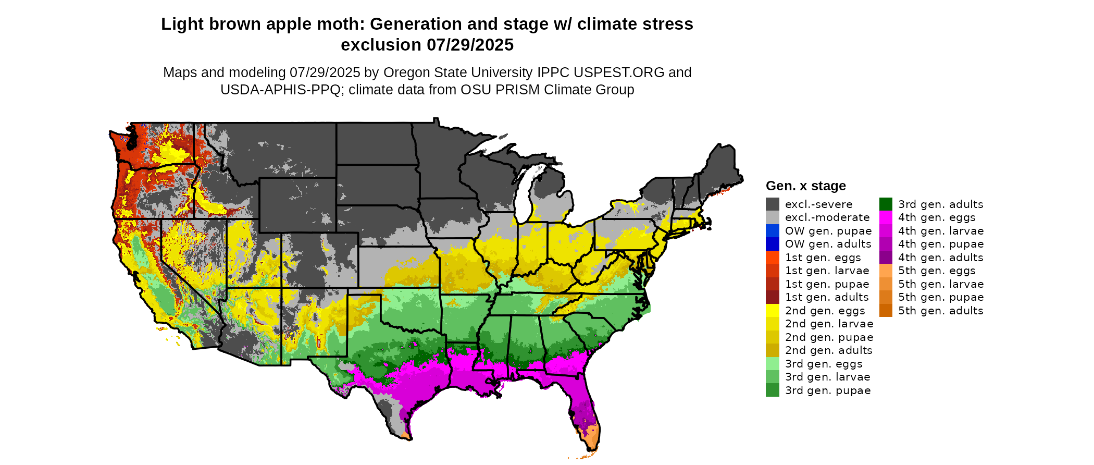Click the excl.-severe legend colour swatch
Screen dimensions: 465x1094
pyautogui.click(x=772, y=204)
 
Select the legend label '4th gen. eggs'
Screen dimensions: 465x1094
pyautogui.click(x=937, y=218)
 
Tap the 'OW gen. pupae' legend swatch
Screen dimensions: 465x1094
pyautogui.click(x=772, y=231)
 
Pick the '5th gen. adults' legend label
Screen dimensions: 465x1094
pyautogui.click(x=940, y=311)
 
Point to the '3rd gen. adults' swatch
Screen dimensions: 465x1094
pyautogui.click(x=886, y=204)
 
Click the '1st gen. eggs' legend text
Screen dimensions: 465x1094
pyautogui.click(x=823, y=258)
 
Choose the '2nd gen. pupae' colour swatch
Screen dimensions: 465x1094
pyautogui.click(x=772, y=337)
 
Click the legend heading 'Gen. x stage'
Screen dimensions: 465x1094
pyautogui.click(x=805, y=186)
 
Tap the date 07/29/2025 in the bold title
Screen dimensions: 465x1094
pyautogui.click(x=470, y=45)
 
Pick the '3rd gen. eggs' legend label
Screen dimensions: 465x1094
pyautogui.click(x=824, y=364)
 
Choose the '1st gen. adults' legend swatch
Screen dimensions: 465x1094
pyautogui.click(x=772, y=297)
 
